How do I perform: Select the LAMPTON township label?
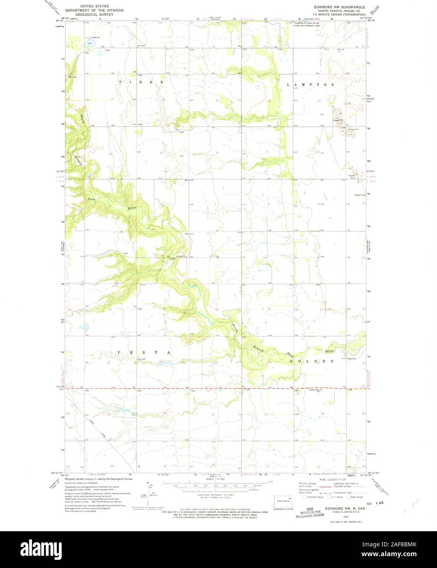tap(310, 85)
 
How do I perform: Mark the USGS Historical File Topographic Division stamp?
tap(310, 512)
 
